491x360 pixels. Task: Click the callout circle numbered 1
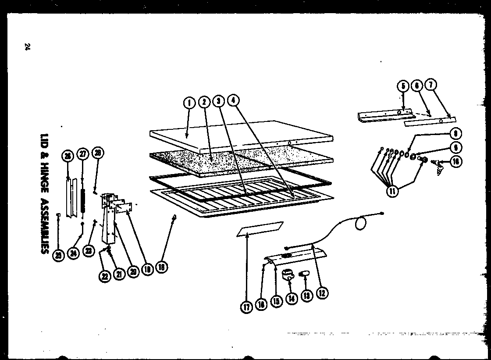tap(189, 103)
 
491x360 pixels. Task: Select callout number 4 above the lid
tap(233, 100)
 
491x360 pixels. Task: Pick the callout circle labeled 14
tap(291, 299)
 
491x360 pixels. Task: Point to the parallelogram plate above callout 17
tap(260, 229)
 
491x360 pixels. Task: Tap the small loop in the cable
tap(360, 224)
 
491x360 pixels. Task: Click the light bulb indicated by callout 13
tap(304, 274)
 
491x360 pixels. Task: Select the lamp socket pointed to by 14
tap(288, 275)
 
